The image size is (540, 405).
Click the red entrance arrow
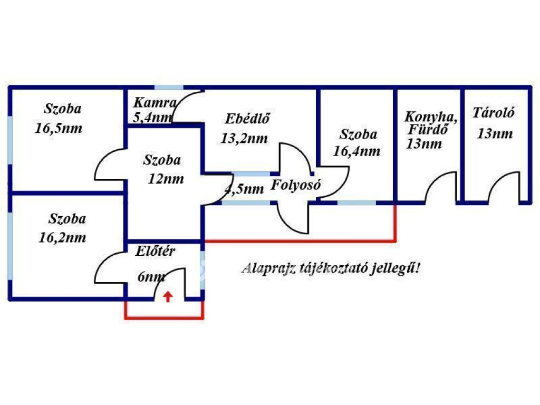pyautogui.click(x=168, y=296)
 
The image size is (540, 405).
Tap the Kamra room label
pyautogui.click(x=151, y=102)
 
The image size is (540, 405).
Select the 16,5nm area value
pyautogui.click(x=58, y=128)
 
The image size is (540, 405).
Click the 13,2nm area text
pyautogui.click(x=244, y=139)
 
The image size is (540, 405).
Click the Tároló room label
pyautogui.click(x=494, y=112)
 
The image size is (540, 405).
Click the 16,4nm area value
pyautogui.click(x=357, y=151)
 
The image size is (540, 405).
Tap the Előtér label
pyautogui.click(x=155, y=251)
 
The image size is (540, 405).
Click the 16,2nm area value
pyautogui.click(x=62, y=238)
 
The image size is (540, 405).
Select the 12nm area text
pyautogui.click(x=166, y=179)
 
